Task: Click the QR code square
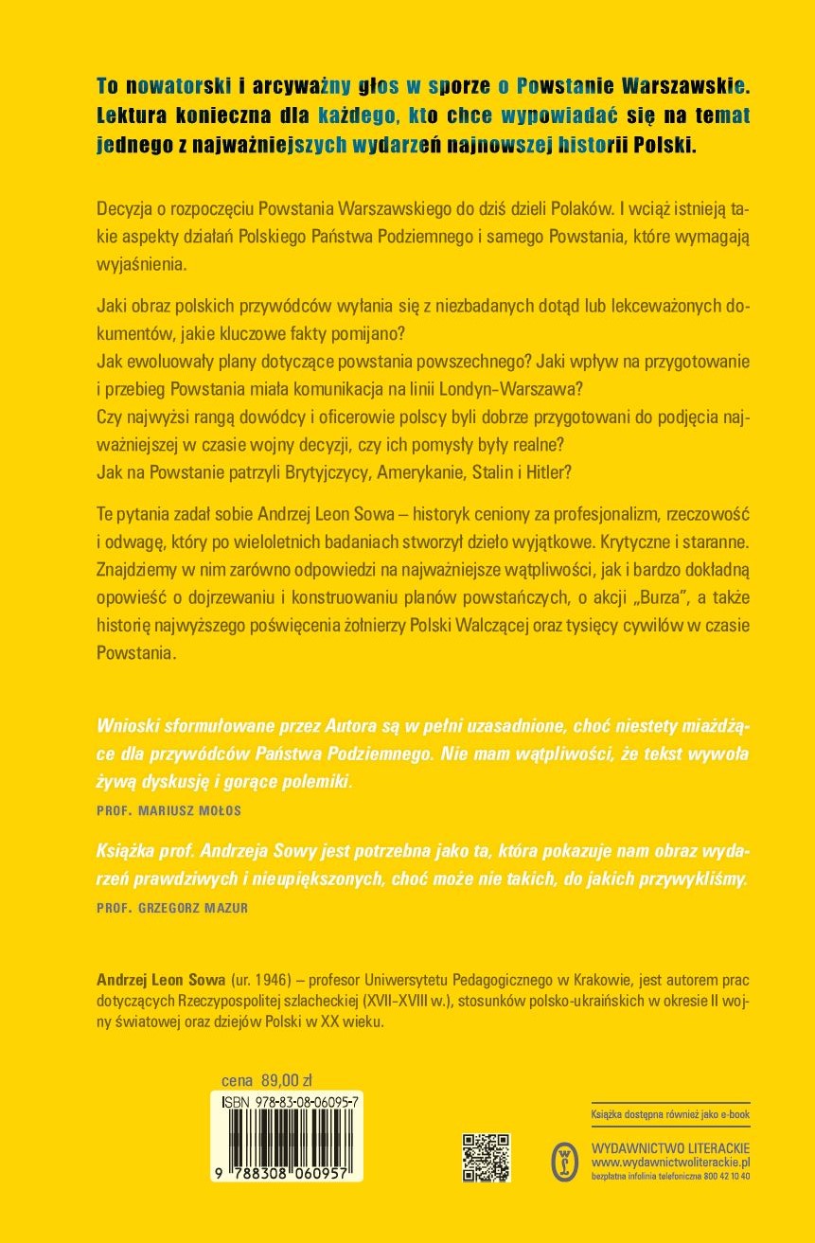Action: (x=486, y=1157)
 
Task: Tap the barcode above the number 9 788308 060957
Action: (x=288, y=1136)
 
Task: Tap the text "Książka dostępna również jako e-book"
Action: (x=670, y=1115)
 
